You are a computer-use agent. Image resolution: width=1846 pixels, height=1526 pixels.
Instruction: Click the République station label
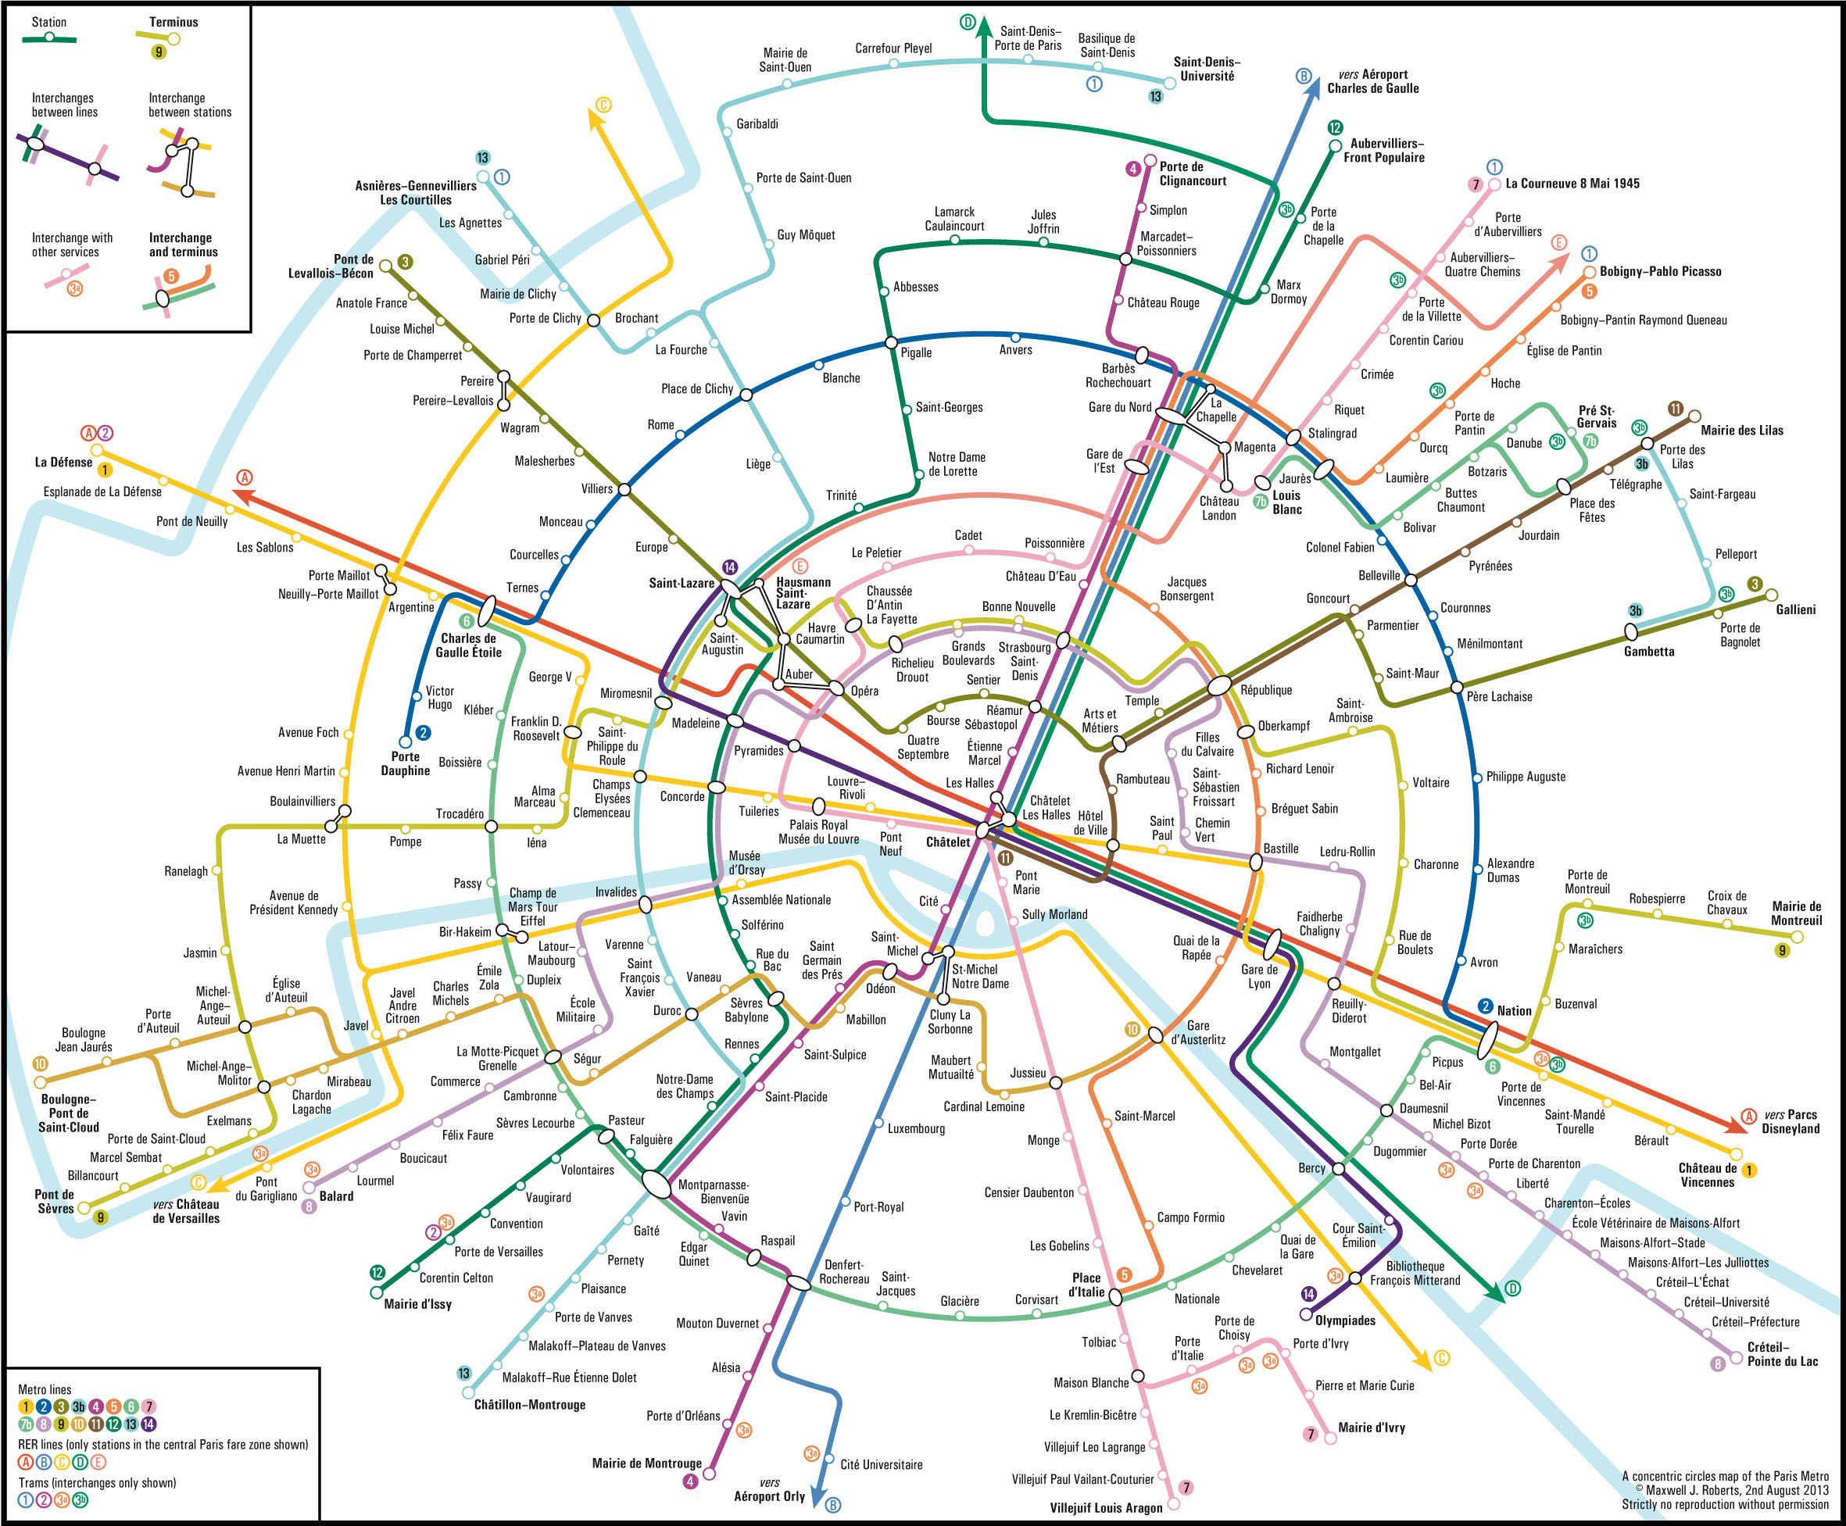click(1266, 690)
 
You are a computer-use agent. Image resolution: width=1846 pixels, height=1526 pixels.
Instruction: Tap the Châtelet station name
click(947, 842)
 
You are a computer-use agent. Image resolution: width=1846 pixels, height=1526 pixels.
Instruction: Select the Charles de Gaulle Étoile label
click(468, 645)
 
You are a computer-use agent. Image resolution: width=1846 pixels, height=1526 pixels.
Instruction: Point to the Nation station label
click(1514, 1011)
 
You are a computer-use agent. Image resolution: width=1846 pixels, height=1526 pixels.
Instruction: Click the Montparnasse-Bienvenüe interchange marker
click(656, 1183)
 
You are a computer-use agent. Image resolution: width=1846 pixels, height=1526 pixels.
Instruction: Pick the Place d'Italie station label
click(1086, 1285)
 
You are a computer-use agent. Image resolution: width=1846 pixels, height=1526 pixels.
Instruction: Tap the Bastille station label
click(1281, 849)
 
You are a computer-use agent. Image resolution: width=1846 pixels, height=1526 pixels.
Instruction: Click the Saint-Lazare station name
click(682, 583)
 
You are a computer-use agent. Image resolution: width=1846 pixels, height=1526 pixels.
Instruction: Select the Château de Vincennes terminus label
click(1707, 1174)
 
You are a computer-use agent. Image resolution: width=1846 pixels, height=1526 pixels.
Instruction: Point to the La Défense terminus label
click(63, 463)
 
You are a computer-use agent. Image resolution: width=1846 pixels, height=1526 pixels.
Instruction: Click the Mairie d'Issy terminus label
click(417, 1303)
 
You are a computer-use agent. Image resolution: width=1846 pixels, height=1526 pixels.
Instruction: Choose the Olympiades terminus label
click(1345, 1321)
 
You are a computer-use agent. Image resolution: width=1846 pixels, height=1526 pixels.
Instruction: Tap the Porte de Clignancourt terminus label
click(1193, 173)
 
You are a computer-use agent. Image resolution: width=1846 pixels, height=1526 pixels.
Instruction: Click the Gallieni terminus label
click(1795, 609)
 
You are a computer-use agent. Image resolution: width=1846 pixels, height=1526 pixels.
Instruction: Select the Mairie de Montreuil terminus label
click(1797, 913)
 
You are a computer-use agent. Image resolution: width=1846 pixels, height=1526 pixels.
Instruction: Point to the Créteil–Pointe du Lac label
click(1783, 1353)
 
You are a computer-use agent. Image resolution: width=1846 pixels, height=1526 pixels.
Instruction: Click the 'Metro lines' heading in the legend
click(45, 1390)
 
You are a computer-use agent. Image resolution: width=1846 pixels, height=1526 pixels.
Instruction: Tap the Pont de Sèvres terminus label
click(55, 1201)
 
